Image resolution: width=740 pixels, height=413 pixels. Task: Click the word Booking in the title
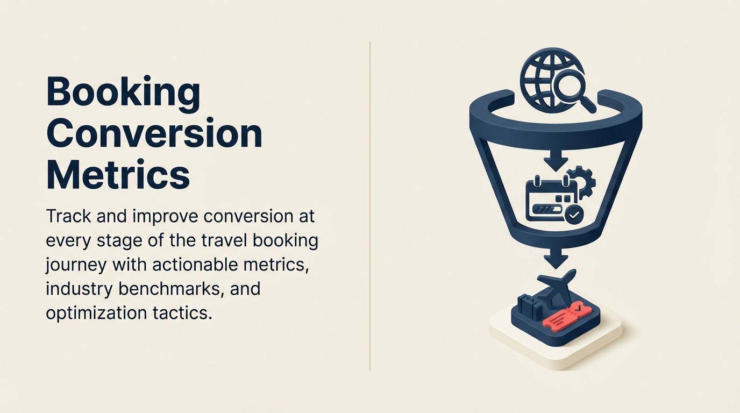coord(123,92)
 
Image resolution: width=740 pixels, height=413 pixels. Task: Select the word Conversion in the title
coord(154,134)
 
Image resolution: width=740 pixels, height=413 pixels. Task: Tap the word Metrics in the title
coord(118,175)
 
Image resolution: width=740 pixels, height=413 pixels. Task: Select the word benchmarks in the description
coord(179,288)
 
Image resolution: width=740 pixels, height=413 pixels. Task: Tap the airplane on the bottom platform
coord(556,287)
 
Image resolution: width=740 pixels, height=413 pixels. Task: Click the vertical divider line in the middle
coord(370,206)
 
